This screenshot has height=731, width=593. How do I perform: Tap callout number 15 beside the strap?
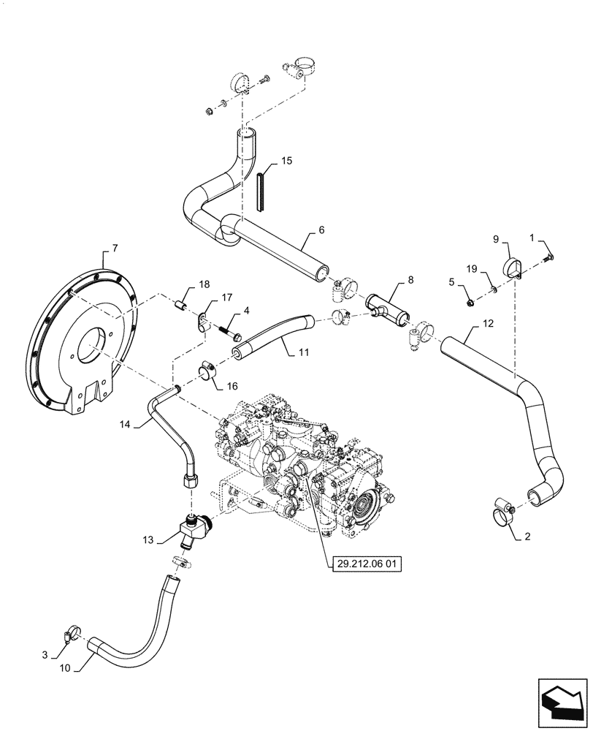click(284, 160)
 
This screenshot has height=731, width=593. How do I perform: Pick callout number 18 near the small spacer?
click(204, 284)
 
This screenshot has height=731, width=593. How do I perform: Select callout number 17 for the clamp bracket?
click(226, 298)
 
